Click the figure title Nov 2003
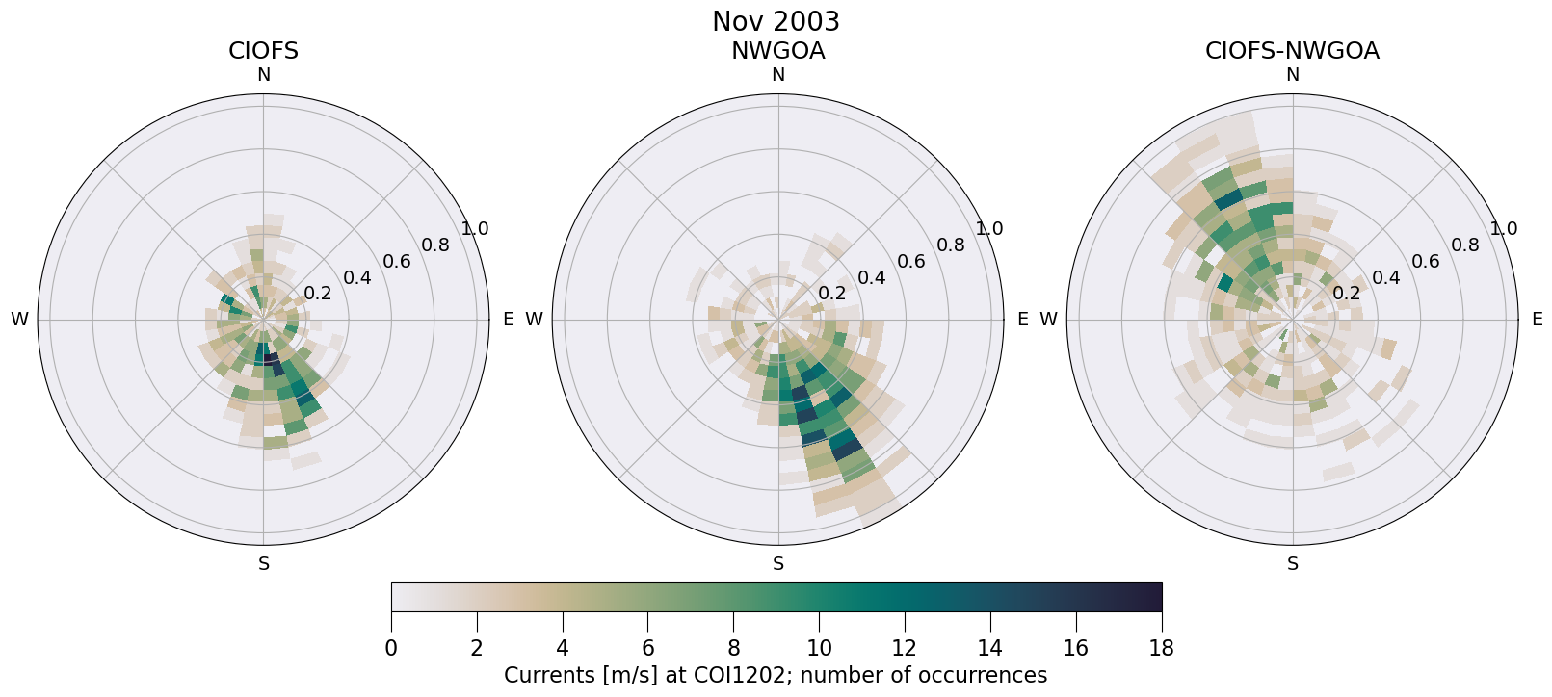pos(776,21)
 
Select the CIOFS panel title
pos(263,51)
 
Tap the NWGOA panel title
pos(777,51)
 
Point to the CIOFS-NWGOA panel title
pos(1292,51)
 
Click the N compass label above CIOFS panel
pos(263,75)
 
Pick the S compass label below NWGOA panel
pos(777,564)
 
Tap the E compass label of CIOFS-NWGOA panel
pos(1538,320)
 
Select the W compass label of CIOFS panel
pos(19,320)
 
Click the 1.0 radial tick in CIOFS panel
pos(475,228)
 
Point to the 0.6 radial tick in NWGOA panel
pos(911,261)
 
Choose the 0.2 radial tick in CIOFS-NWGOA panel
pos(1347,294)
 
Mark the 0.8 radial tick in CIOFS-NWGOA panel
pos(1465,245)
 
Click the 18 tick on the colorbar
pos(1161,648)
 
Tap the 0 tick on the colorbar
pos(391,648)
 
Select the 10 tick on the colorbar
pos(819,648)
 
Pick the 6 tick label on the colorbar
pos(647,648)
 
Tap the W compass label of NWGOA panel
pos(534,320)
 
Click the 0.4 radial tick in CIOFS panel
pos(357,277)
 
